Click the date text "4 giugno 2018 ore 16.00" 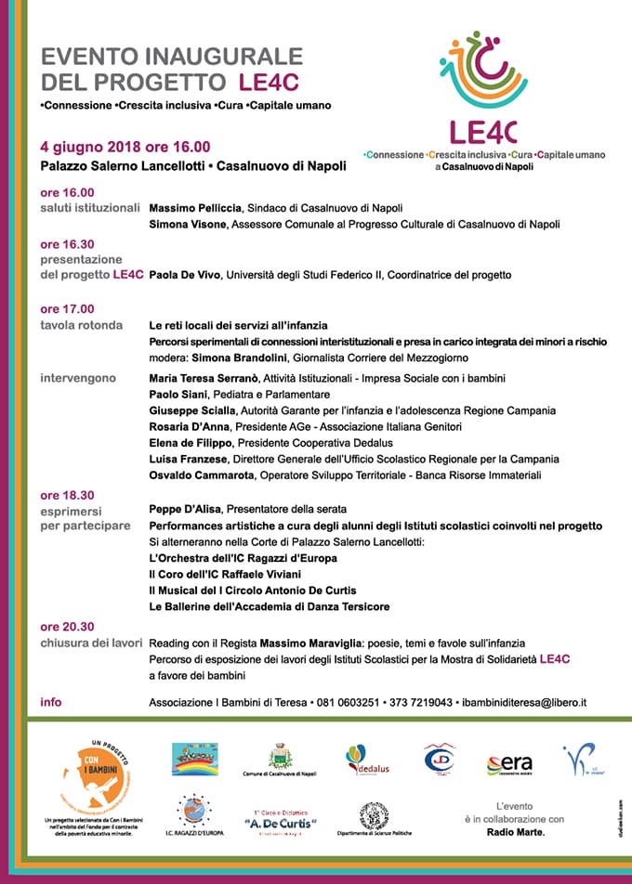[x=125, y=146]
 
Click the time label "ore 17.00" [x=67, y=309]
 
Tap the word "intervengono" [x=78, y=378]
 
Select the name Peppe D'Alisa [x=183, y=509]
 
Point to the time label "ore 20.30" [x=67, y=627]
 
